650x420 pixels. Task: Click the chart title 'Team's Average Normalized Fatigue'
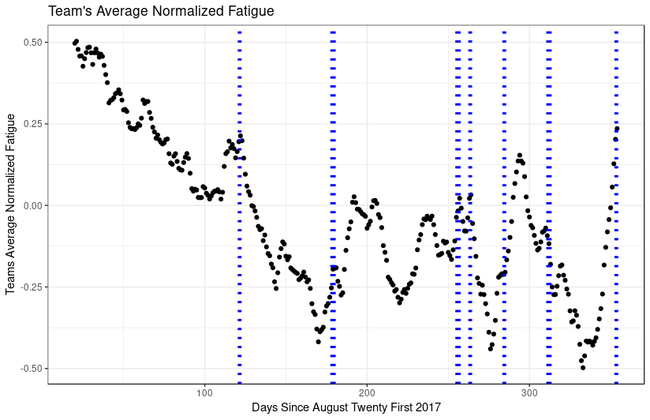tap(161, 11)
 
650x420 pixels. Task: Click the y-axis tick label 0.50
tap(35, 42)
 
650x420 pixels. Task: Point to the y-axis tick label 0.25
tap(35, 124)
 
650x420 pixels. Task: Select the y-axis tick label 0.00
tap(35, 205)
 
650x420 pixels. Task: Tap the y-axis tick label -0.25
tap(33, 287)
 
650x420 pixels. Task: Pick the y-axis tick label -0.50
tap(33, 369)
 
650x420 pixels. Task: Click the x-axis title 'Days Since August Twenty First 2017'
tap(346, 407)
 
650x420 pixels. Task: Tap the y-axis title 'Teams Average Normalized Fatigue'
tap(11, 204)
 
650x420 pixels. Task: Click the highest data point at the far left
tap(76, 42)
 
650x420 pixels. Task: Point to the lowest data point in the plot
tap(583, 368)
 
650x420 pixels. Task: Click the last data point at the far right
tap(617, 129)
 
